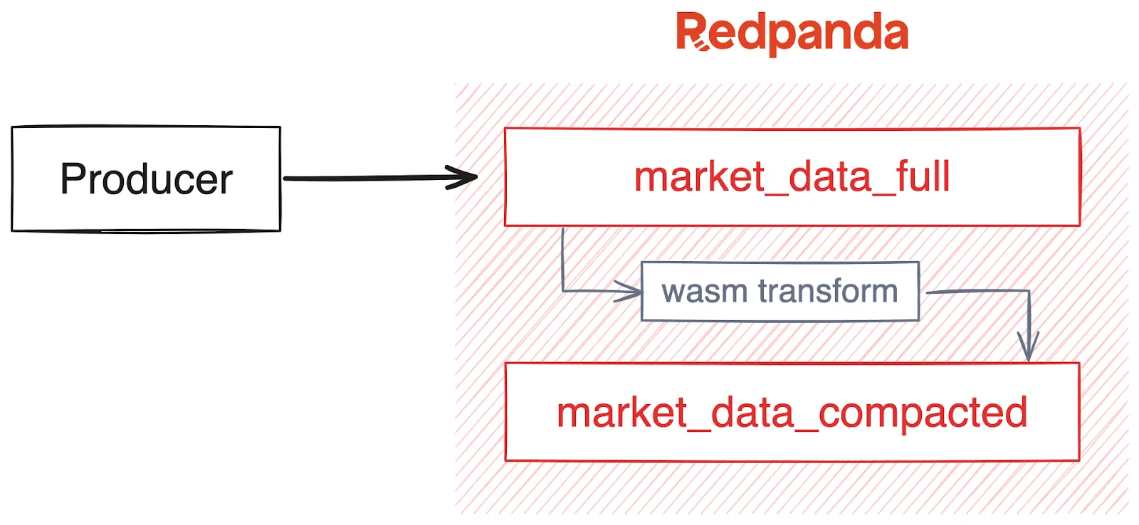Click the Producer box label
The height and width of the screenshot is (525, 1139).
tap(146, 179)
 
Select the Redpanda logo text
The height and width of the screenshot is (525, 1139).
tap(792, 33)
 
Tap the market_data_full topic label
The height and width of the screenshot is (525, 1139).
tap(792, 177)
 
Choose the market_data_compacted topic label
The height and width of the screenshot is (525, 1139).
tap(792, 413)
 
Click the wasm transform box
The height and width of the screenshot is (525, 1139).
tap(780, 292)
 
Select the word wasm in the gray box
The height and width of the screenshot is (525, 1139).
tap(704, 292)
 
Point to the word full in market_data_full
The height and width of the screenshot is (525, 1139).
tap(923, 177)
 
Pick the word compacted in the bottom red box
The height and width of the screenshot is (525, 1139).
tap(923, 413)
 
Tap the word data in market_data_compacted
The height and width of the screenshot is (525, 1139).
tap(752, 413)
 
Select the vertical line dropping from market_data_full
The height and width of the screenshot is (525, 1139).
tap(562, 256)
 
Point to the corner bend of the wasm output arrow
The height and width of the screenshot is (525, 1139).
tap(1028, 292)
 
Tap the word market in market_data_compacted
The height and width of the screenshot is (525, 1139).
tap(621, 413)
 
